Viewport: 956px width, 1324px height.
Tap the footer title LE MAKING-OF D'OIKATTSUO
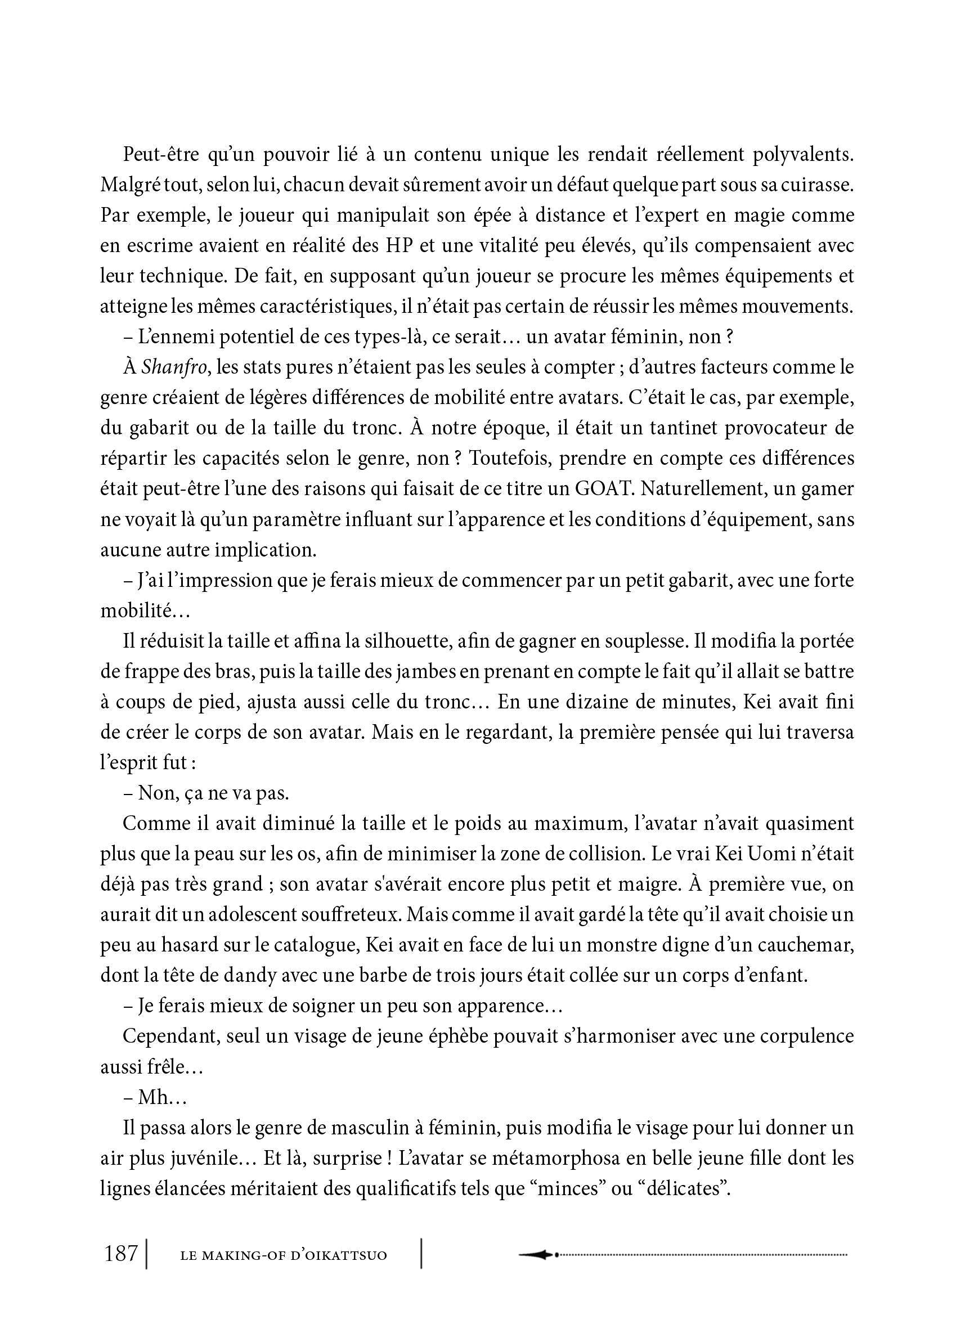[x=283, y=1255]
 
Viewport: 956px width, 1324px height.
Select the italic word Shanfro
[x=174, y=367]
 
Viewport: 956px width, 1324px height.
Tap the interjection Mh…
[x=162, y=1097]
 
